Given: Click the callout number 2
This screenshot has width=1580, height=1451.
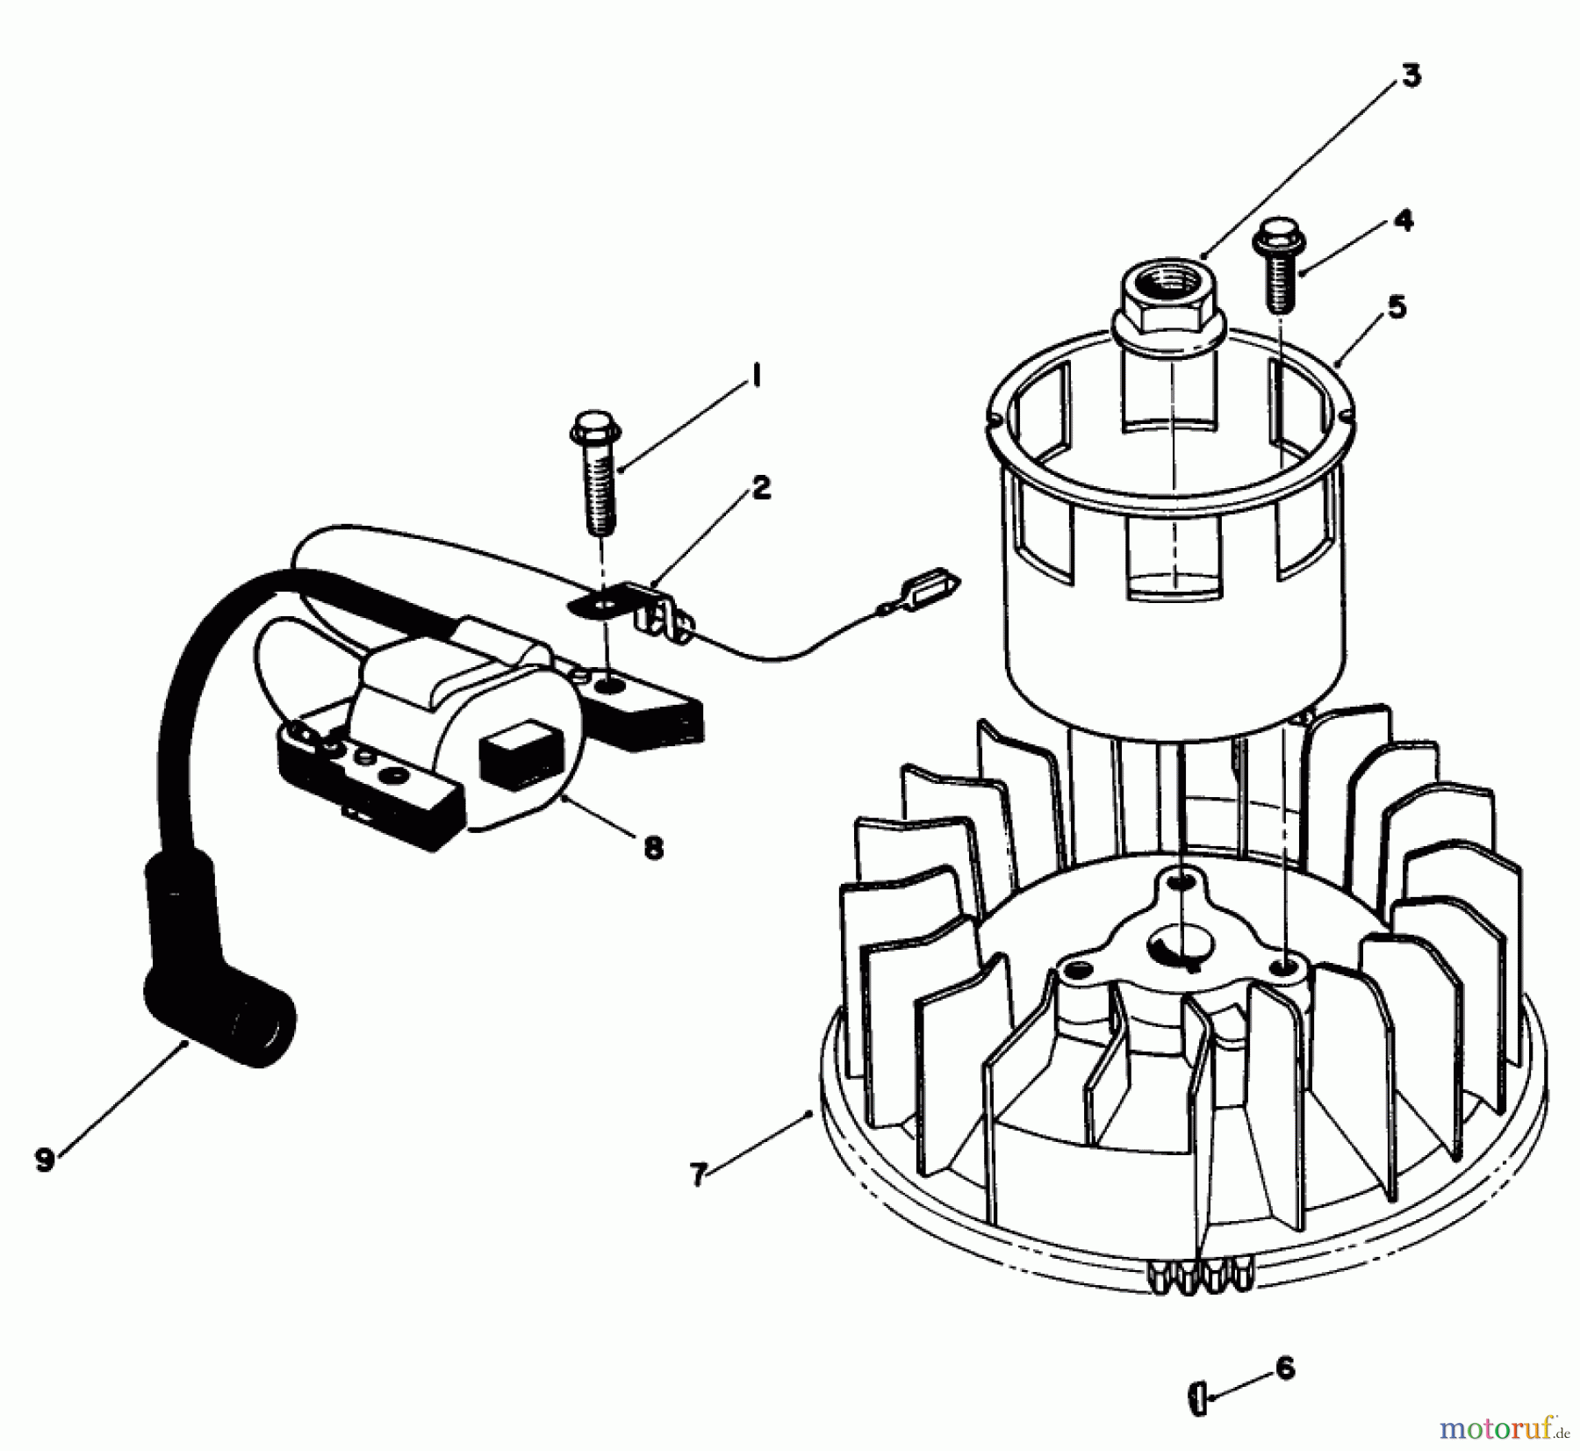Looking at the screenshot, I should (761, 488).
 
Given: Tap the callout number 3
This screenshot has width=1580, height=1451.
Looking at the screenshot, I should (1410, 75).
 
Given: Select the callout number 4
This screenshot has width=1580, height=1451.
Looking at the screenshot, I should (1404, 220).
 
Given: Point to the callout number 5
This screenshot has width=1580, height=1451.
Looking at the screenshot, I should (1397, 307).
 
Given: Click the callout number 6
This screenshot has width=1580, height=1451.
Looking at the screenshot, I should (1284, 1368).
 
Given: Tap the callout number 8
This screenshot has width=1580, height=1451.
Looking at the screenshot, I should (653, 847).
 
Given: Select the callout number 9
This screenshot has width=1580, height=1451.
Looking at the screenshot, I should (44, 1160).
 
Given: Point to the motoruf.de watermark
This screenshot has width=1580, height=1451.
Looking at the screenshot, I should (1503, 1428).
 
